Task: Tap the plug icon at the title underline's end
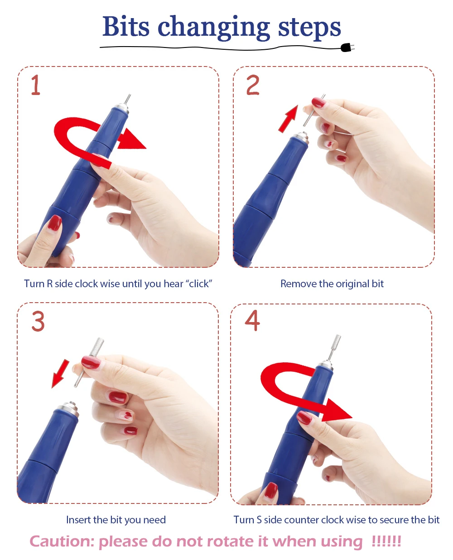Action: [x=347, y=47]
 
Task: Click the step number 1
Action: [x=36, y=85]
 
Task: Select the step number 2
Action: [x=252, y=85]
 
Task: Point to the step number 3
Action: [x=38, y=321]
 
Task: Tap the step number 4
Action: [x=252, y=320]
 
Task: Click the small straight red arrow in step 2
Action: [x=288, y=119]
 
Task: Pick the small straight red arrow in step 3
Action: [x=60, y=374]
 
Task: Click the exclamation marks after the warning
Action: [x=386, y=541]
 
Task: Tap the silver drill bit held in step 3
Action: [x=89, y=362]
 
